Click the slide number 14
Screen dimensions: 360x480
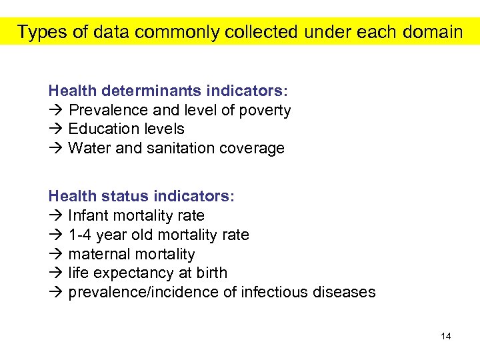[446, 336]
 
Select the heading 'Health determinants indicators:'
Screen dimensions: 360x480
[168, 90]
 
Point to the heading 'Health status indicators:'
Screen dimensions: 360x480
[141, 197]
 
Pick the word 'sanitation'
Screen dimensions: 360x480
[175, 148]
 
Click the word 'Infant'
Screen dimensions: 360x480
[89, 216]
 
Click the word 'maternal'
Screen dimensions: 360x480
[99, 254]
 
